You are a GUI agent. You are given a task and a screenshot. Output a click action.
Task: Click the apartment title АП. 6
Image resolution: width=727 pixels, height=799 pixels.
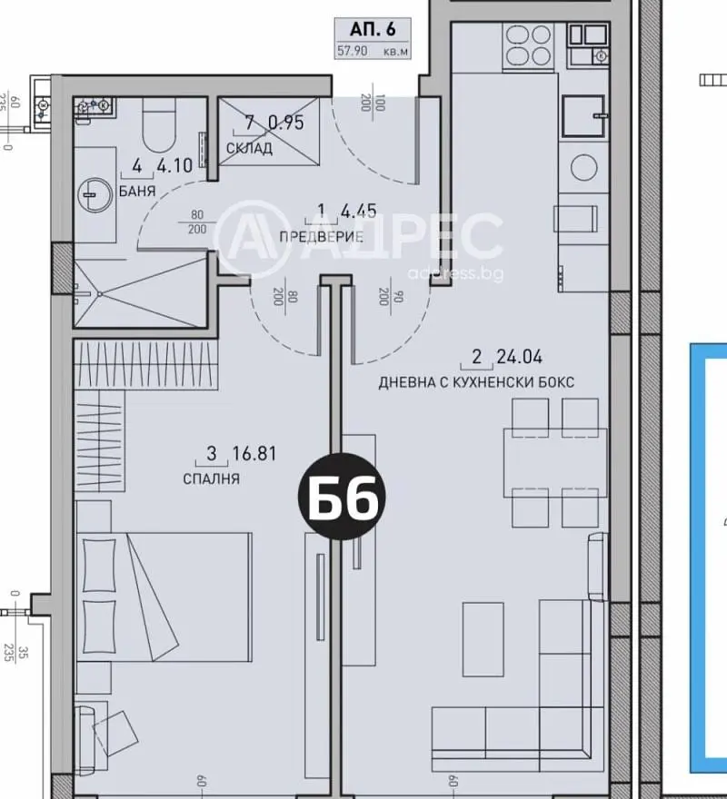[373, 30]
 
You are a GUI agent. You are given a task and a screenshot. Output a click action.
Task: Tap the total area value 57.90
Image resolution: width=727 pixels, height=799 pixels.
[352, 52]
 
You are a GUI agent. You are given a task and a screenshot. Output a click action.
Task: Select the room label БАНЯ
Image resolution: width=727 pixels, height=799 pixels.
[137, 191]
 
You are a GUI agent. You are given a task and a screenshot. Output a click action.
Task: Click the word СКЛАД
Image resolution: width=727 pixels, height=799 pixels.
[249, 149]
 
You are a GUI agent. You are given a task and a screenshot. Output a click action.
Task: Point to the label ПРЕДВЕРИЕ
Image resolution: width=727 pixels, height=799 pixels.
[322, 236]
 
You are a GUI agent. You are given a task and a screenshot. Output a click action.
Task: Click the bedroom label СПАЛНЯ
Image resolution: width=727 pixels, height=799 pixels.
[211, 479]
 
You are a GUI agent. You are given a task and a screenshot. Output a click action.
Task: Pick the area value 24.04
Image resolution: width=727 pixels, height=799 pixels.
[520, 357]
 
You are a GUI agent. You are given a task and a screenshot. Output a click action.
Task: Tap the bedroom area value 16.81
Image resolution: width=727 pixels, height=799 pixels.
[254, 453]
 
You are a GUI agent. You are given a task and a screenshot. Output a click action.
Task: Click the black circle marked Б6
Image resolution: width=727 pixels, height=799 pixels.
[342, 496]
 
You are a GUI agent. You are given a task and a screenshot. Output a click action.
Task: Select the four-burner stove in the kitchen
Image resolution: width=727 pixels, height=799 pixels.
[528, 45]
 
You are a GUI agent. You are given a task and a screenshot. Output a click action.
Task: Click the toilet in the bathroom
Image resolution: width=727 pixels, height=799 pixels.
[159, 124]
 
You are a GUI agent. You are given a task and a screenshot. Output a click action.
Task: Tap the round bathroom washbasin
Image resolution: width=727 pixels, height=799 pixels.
[95, 194]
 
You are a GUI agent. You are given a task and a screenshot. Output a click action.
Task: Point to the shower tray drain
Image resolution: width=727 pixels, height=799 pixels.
[99, 293]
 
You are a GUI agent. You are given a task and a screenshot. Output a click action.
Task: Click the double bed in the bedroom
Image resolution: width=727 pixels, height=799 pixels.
[164, 597]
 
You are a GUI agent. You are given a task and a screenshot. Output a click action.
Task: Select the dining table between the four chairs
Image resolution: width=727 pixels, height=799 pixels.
[555, 463]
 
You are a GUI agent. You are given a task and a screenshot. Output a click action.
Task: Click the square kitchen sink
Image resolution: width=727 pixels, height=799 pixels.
[585, 116]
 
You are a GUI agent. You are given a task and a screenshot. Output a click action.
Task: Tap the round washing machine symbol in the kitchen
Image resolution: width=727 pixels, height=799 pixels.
[584, 167]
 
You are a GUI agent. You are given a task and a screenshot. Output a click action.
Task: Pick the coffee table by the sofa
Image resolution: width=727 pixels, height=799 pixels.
[483, 639]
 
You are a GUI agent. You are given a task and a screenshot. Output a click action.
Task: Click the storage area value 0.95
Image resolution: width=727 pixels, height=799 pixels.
[285, 123]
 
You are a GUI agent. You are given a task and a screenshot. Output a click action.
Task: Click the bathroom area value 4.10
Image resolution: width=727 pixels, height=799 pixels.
[174, 165]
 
